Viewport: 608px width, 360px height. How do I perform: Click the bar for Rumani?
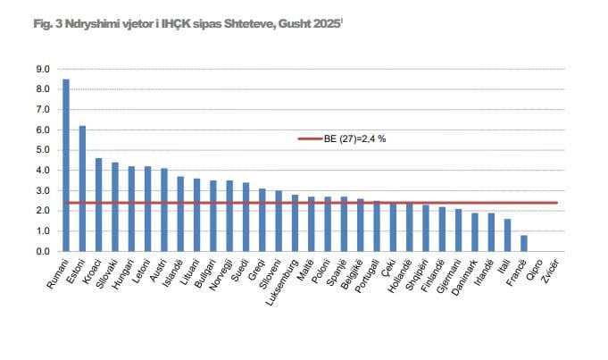pos(66,165)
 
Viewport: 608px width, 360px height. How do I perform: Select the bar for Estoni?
pos(82,188)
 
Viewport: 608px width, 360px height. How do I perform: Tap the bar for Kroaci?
pos(99,205)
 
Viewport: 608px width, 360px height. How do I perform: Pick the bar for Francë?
pos(524,243)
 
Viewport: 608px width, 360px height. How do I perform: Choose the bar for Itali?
pos(507,235)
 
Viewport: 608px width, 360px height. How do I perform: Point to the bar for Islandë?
pos(180,213)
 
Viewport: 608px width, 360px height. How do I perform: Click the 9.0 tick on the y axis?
pos(43,69)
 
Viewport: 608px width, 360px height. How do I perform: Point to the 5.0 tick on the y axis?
pos(43,150)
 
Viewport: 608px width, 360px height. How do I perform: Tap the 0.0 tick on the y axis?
pos(43,251)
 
